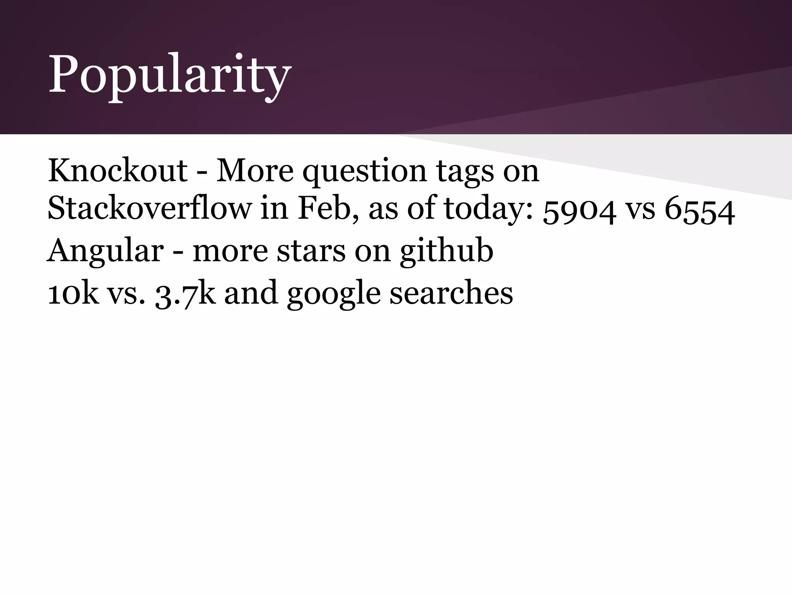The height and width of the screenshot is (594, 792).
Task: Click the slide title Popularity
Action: pyautogui.click(x=169, y=74)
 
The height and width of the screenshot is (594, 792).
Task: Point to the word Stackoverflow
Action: pyautogui.click(x=149, y=208)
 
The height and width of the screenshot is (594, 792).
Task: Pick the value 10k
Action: pyautogui.click(x=73, y=292)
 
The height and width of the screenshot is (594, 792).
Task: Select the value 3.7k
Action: pyautogui.click(x=185, y=294)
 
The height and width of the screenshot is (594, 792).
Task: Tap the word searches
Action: pyautogui.click(x=451, y=292)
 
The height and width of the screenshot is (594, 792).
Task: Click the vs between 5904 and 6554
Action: pyautogui.click(x=640, y=210)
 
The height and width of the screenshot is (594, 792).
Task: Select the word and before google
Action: pyautogui.click(x=251, y=292)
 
